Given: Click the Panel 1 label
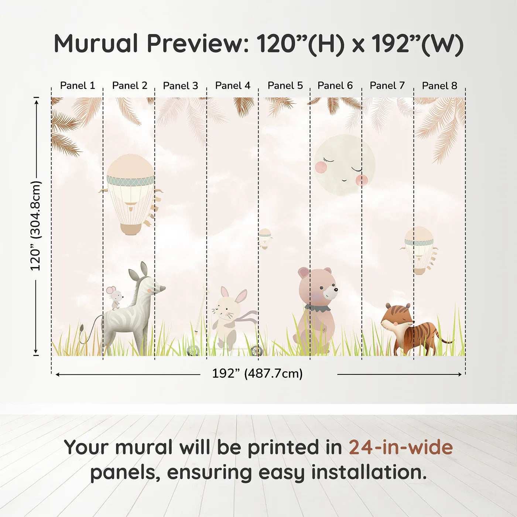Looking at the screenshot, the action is pyautogui.click(x=78, y=86).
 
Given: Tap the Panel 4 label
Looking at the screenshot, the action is pyautogui.click(x=233, y=86).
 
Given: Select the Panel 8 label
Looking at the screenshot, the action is pyautogui.click(x=439, y=86).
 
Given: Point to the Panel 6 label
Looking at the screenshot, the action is pyautogui.click(x=335, y=86).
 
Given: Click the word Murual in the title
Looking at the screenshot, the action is pyautogui.click(x=96, y=43).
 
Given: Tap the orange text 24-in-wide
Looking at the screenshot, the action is pyautogui.click(x=401, y=447).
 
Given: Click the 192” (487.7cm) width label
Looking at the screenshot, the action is pyautogui.click(x=257, y=373).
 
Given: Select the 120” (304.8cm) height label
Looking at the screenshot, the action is pyautogui.click(x=35, y=226).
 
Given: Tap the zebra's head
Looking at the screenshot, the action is pyautogui.click(x=150, y=284).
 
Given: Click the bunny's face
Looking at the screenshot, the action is pyautogui.click(x=225, y=308).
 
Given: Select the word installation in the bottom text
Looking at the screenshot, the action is pyautogui.click(x=369, y=472).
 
